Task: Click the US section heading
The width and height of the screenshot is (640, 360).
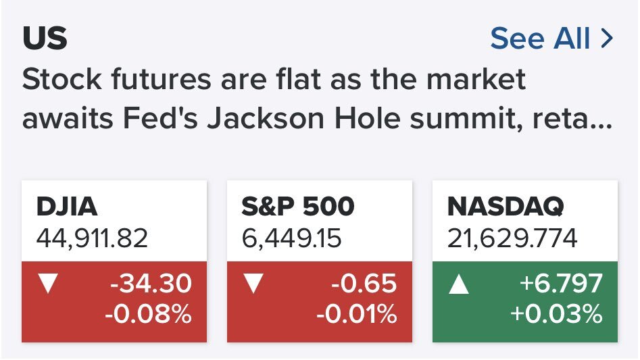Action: [45, 38]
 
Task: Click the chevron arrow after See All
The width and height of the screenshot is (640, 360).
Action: [607, 38]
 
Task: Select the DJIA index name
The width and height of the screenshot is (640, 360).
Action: [66, 206]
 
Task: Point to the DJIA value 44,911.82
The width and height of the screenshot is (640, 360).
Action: [92, 238]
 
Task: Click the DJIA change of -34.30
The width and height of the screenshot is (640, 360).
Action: [151, 284]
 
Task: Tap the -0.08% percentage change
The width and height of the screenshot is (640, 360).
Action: [148, 313]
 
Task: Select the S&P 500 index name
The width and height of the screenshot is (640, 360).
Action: [298, 206]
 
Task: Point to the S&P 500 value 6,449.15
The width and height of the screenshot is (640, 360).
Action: [291, 238]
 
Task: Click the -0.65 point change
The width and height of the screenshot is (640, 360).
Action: [364, 284]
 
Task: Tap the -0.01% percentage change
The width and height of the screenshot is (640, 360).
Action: [357, 313]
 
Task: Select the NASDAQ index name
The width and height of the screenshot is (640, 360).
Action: [506, 206]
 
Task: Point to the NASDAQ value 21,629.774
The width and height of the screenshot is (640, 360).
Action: [512, 238]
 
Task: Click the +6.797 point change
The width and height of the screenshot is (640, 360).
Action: [561, 284]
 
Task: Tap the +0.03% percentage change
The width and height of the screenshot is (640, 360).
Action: [556, 313]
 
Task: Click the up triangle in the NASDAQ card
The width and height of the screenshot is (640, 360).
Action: [459, 284]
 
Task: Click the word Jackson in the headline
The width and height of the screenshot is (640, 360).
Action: [266, 118]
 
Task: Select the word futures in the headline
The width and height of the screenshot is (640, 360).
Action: [162, 79]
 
